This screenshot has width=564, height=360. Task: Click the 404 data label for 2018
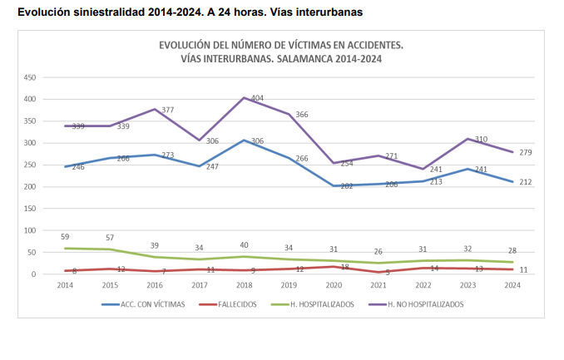(256, 99)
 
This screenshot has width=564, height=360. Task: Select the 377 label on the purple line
(167, 110)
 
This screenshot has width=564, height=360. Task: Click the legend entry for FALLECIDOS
(225, 304)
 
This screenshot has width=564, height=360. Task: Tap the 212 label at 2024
(525, 182)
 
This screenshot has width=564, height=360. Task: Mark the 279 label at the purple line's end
(525, 152)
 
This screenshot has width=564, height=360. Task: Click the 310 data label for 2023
(481, 139)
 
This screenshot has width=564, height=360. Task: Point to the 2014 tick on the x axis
(66, 285)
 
